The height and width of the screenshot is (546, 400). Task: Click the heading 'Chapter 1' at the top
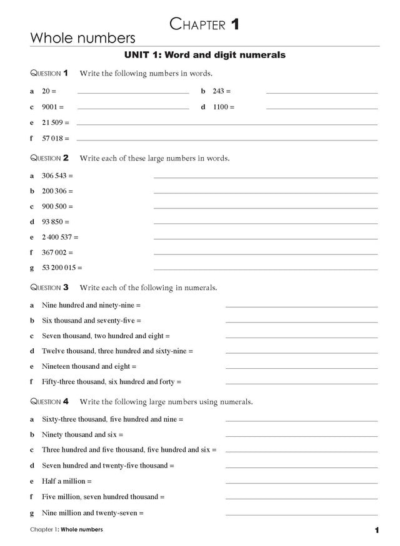pos(204,25)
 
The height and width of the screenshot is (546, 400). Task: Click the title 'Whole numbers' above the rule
pos(82,39)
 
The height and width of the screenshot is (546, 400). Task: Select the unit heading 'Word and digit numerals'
pos(205,56)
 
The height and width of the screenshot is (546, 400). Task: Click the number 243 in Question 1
pos(218,91)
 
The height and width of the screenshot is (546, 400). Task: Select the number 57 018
pos(52,138)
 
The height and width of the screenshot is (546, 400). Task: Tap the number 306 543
pos(54,176)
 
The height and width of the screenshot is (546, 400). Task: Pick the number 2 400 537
pos(57,237)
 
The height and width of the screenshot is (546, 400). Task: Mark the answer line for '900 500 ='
pos(265,208)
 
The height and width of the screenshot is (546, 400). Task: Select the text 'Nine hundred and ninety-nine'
pos(88,305)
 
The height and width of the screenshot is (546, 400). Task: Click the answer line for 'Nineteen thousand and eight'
pos(301,368)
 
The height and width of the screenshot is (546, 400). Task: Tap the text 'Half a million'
pos(64,482)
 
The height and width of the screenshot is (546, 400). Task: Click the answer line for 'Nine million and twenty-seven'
pos(301,515)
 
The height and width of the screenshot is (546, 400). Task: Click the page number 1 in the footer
pos(377,530)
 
